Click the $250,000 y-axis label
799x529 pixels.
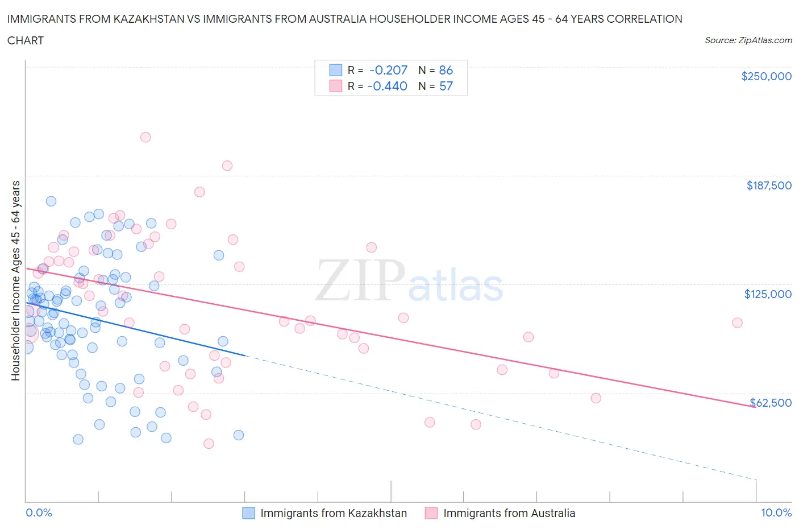[x=766, y=76]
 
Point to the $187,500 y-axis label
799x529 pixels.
[x=768, y=185]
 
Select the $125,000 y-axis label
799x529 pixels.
[x=768, y=294]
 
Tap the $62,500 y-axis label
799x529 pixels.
[x=771, y=403]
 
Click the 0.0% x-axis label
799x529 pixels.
[x=39, y=513]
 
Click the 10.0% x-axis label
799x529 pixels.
[x=776, y=513]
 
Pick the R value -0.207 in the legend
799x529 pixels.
[x=388, y=70]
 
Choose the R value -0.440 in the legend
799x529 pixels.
[x=388, y=86]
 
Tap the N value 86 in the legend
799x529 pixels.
[x=446, y=70]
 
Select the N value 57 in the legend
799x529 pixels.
[x=446, y=86]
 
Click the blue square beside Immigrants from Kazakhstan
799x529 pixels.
[x=249, y=513]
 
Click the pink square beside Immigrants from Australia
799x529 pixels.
[x=431, y=513]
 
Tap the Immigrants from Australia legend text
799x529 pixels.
[x=509, y=513]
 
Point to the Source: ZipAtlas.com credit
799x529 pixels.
[x=748, y=40]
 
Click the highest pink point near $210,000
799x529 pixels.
[x=145, y=137]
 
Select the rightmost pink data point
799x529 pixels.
[x=737, y=323]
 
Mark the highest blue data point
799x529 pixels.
[x=51, y=201]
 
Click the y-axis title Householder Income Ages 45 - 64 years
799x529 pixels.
[x=15, y=280]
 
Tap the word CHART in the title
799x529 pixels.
[x=26, y=40]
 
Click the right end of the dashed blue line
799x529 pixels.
[x=756, y=480]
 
